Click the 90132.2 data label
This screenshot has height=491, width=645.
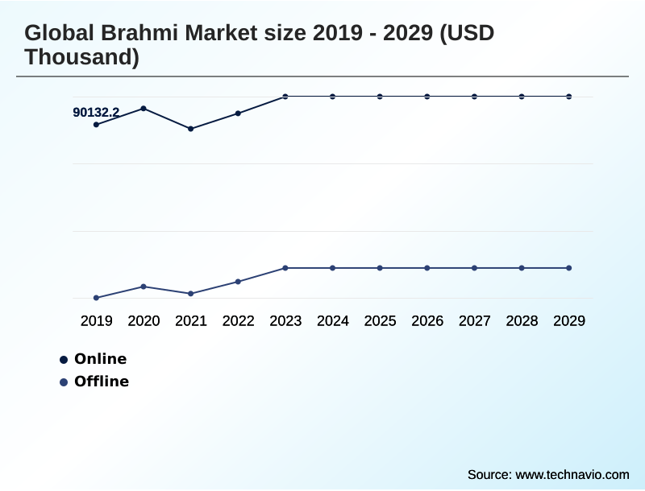pyautogui.click(x=96, y=113)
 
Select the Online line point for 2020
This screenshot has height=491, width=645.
pyautogui.click(x=144, y=108)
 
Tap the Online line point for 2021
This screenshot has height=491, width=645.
pyautogui.click(x=191, y=129)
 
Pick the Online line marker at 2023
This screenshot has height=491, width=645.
pyautogui.click(x=285, y=97)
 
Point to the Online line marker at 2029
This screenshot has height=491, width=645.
pyautogui.click(x=569, y=97)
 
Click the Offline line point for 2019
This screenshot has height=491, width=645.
pyautogui.click(x=96, y=298)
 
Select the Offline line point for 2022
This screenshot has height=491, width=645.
pyautogui.click(x=238, y=282)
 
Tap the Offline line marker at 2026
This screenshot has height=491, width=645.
pyautogui.click(x=427, y=268)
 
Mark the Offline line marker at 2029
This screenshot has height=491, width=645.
pyautogui.click(x=569, y=268)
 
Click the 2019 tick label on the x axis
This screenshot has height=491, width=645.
pyautogui.click(x=96, y=321)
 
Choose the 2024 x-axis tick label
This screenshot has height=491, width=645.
pyautogui.click(x=332, y=321)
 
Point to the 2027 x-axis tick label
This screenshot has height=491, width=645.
pyautogui.click(x=474, y=321)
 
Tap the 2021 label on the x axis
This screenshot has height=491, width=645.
pyautogui.click(x=191, y=321)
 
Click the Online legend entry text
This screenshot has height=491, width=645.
pyautogui.click(x=100, y=359)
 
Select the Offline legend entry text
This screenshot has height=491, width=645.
pyautogui.click(x=102, y=382)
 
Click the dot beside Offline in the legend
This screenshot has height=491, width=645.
pyautogui.click(x=64, y=382)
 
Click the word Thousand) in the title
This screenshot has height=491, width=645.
pyautogui.click(x=81, y=58)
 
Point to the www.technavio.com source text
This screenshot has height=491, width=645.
pyautogui.click(x=572, y=475)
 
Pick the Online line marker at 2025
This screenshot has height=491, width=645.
pyautogui.click(x=380, y=97)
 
